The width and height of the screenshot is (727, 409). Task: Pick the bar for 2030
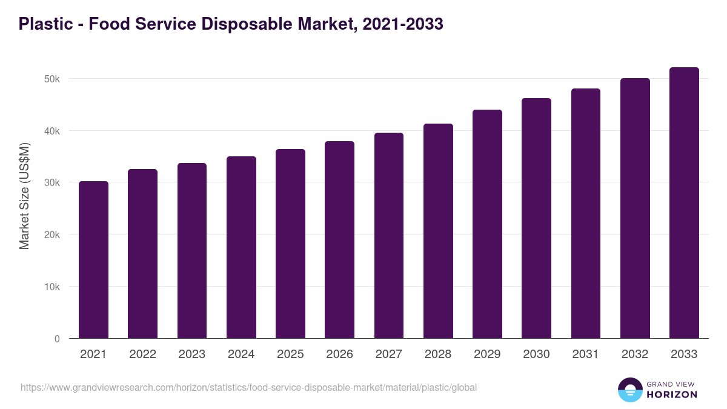[536, 218]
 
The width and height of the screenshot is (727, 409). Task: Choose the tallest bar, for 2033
[684, 202]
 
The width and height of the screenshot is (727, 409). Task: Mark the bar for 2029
[487, 224]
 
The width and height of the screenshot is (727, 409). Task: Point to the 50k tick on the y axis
[52, 79]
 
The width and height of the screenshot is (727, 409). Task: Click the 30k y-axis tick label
[52, 183]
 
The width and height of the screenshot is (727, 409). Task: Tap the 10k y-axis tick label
[52, 287]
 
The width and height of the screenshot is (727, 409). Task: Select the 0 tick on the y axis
[57, 339]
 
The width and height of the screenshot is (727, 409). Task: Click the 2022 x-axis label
[142, 354]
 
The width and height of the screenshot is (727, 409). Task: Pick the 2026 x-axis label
[339, 354]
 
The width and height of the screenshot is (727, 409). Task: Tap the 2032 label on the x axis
[635, 354]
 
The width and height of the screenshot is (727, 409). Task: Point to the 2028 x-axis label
[438, 354]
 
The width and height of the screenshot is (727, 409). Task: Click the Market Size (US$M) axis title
[24, 195]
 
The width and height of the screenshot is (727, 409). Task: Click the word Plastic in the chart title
[44, 24]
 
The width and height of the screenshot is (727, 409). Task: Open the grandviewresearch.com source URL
[248, 387]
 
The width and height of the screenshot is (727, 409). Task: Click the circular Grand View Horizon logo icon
[629, 390]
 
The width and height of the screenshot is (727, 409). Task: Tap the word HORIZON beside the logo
[672, 394]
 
